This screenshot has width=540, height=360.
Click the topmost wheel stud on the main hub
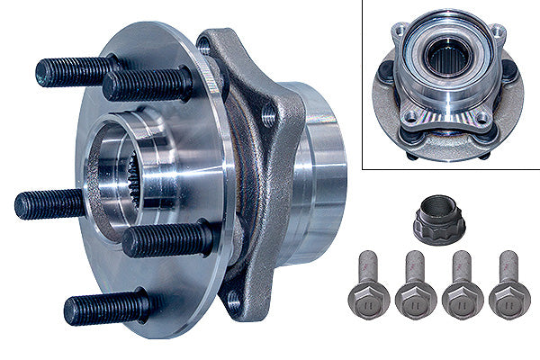[76, 71]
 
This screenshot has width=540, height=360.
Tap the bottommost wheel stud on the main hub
[104, 309]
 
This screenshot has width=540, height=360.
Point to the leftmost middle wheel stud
[50, 203]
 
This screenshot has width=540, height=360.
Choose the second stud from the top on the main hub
[144, 85]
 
